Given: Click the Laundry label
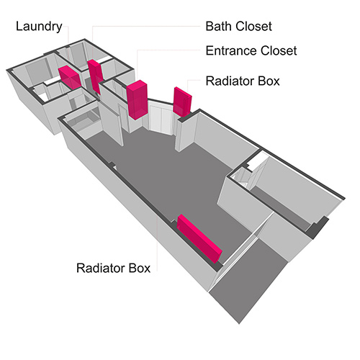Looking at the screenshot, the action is pos(39,27).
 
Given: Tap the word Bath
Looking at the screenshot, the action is pos(219,26).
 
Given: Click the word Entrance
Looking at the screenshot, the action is pos(231,50).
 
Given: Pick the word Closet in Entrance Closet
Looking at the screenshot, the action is pos(279,50).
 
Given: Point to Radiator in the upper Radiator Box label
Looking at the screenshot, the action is pos(230,81).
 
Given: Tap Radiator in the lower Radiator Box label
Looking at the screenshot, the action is pos(100,268).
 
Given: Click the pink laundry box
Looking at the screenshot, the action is pos(69,78).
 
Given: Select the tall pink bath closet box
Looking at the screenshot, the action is pos(95,76).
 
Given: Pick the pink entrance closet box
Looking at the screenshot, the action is pos(137,99).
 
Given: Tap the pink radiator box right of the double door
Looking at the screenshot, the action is pos(182,102).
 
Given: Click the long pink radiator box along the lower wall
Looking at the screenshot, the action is pos(199,238).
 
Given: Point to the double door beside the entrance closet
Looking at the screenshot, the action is pos(161,119).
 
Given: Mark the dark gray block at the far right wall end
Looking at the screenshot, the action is pos(317,228).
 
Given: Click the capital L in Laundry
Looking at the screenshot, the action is pos(19,26).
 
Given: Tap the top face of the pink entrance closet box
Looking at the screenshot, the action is pos(137,85).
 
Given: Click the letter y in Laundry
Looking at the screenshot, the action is pos(59,28).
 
